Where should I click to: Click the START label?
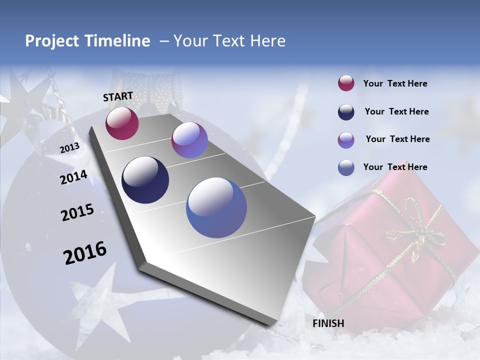coord(118,96)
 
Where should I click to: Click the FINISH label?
coord(328,323)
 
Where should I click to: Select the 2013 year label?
coord(69,148)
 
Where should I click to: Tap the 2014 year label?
coord(73,177)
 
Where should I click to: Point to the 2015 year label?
coord(77,212)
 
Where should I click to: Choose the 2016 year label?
coord(85,253)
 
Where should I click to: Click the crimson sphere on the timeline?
coord(122,123)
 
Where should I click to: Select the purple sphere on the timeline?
coord(189,140)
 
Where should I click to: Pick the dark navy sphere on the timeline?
coord(145,180)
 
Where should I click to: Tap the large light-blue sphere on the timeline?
coord(216,207)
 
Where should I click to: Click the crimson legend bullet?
coord(346,83)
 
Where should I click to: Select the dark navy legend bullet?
coord(346,112)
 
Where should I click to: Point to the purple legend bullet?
coord(346,140)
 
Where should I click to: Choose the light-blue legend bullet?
coord(346,167)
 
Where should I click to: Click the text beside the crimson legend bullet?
coord(395,84)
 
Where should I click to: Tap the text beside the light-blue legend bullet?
coord(395,167)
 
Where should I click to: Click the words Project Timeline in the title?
coord(87,41)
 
